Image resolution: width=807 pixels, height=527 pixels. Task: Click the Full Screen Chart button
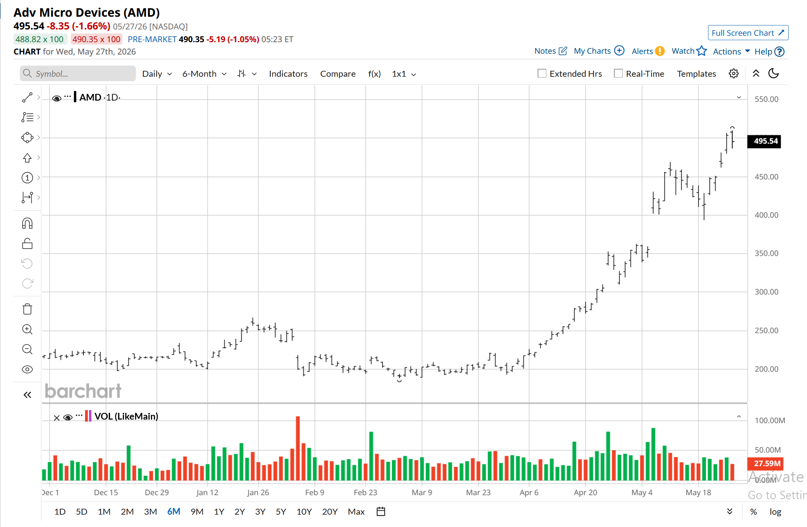(x=748, y=33)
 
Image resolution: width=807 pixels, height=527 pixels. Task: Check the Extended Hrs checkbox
(x=542, y=74)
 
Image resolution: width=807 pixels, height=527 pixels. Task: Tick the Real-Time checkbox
(x=618, y=74)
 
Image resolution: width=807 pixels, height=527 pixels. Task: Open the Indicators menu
(x=288, y=74)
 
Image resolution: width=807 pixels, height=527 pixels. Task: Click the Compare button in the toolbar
(x=338, y=74)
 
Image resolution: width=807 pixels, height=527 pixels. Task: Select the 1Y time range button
(x=219, y=511)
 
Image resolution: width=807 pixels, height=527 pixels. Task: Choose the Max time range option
(x=356, y=511)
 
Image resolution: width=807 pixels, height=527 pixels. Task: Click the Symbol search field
(x=78, y=74)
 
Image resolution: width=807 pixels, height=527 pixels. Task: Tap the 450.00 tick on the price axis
(x=766, y=177)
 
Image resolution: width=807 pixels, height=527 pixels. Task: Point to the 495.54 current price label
(x=764, y=141)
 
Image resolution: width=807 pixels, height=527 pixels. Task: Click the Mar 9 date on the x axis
(x=422, y=492)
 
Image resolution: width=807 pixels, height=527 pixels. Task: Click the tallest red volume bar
(x=298, y=448)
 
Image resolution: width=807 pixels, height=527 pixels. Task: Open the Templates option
(x=697, y=74)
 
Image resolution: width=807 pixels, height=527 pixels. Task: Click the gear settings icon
(x=733, y=74)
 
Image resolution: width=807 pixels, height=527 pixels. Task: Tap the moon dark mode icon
(x=774, y=74)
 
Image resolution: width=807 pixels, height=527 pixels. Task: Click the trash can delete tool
(x=27, y=309)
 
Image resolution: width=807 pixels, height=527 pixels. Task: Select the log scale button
(x=775, y=512)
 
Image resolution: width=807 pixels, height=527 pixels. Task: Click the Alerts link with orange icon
(x=648, y=51)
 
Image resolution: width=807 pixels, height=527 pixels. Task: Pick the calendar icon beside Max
(x=381, y=511)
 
